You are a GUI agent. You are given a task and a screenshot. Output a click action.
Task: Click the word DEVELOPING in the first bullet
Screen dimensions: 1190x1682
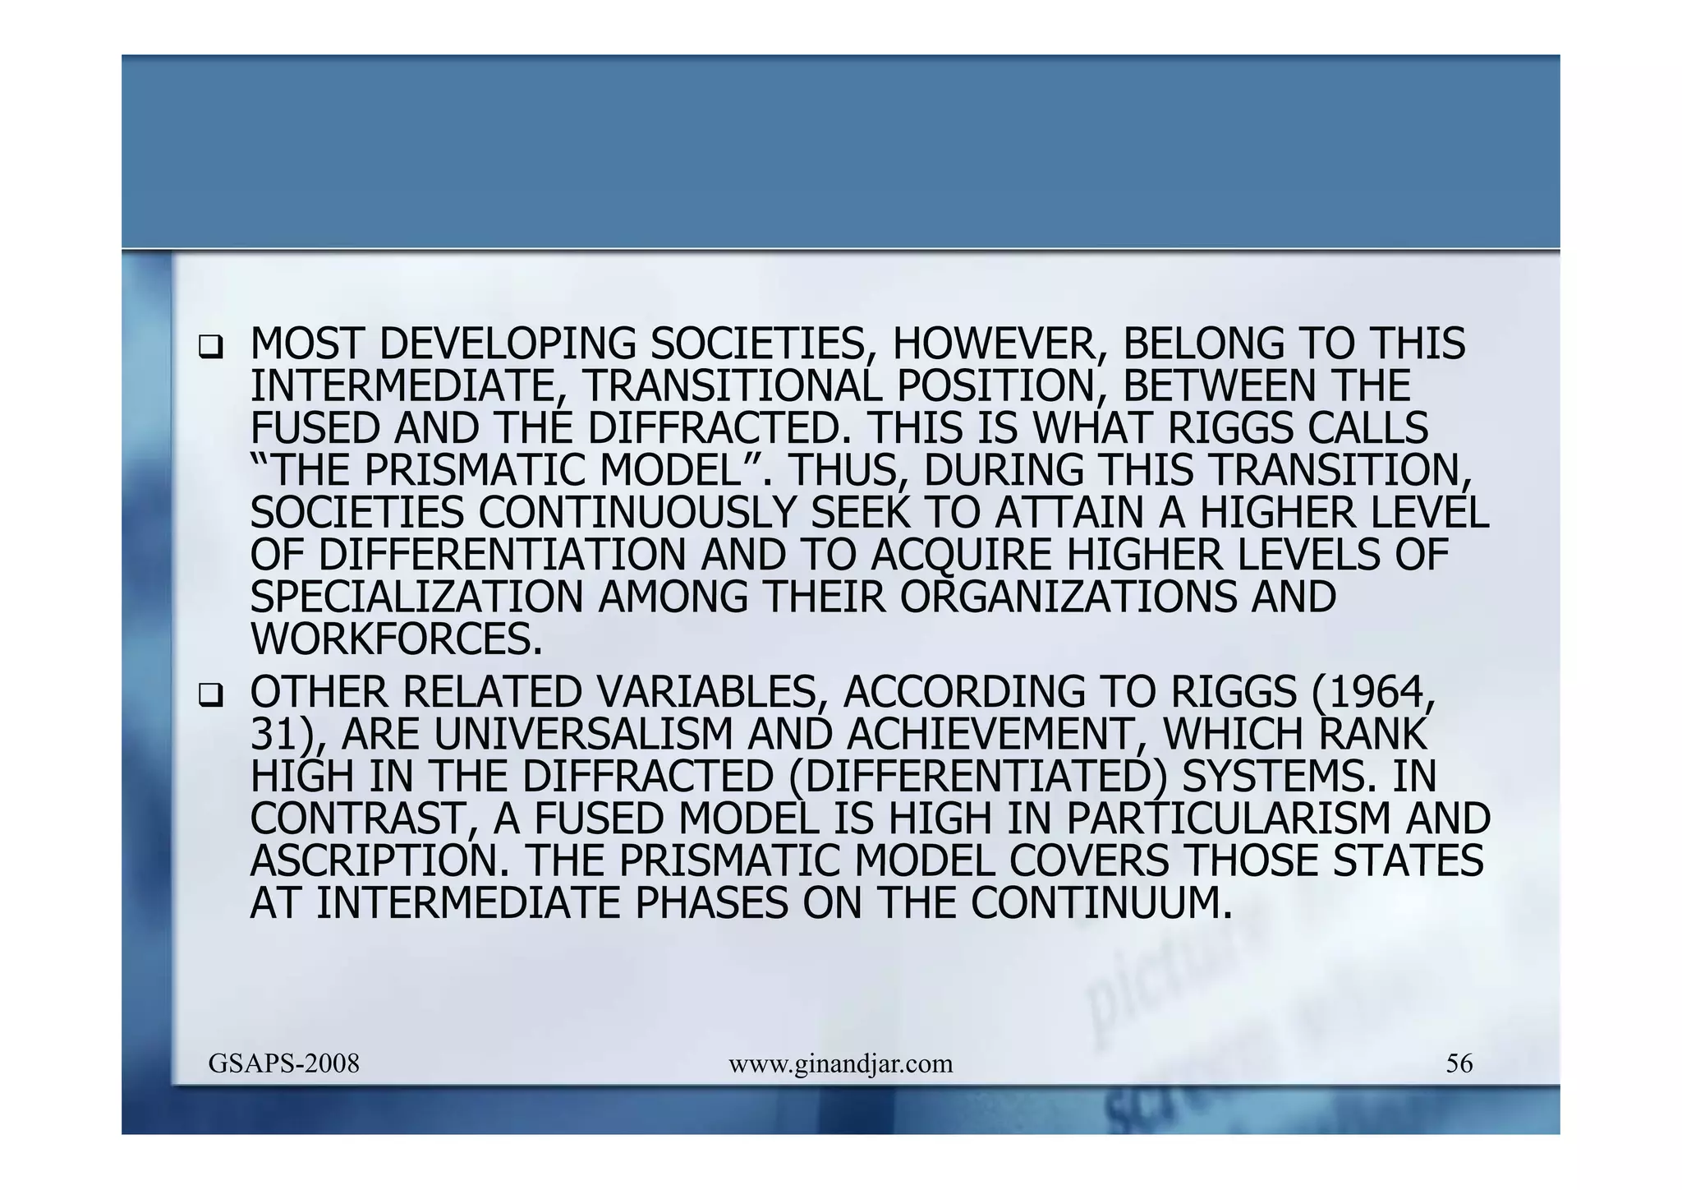[x=507, y=344]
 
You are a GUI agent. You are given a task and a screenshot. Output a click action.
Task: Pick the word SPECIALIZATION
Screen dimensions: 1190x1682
[x=416, y=597]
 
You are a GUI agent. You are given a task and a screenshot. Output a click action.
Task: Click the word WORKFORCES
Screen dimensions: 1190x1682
[x=396, y=639]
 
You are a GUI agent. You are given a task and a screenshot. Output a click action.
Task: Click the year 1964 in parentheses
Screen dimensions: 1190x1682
[x=1383, y=692]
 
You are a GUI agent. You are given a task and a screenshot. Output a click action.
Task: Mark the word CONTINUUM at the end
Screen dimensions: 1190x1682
[x=1101, y=903]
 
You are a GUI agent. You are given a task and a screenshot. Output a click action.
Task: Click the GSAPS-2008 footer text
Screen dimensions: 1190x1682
[x=284, y=1064]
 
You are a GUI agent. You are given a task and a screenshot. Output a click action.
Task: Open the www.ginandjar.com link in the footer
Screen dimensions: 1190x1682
[x=840, y=1064]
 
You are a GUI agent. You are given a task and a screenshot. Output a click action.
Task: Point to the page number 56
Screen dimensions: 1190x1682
[x=1459, y=1064]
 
